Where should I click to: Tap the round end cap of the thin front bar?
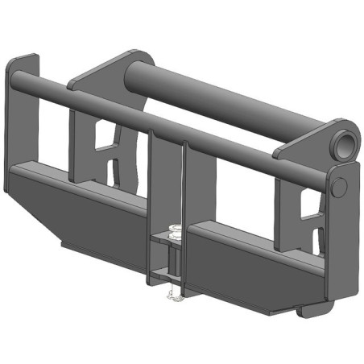tap(340, 186)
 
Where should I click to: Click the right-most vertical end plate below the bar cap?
tap(342, 242)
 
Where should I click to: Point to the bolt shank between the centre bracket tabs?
tap(172, 262)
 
